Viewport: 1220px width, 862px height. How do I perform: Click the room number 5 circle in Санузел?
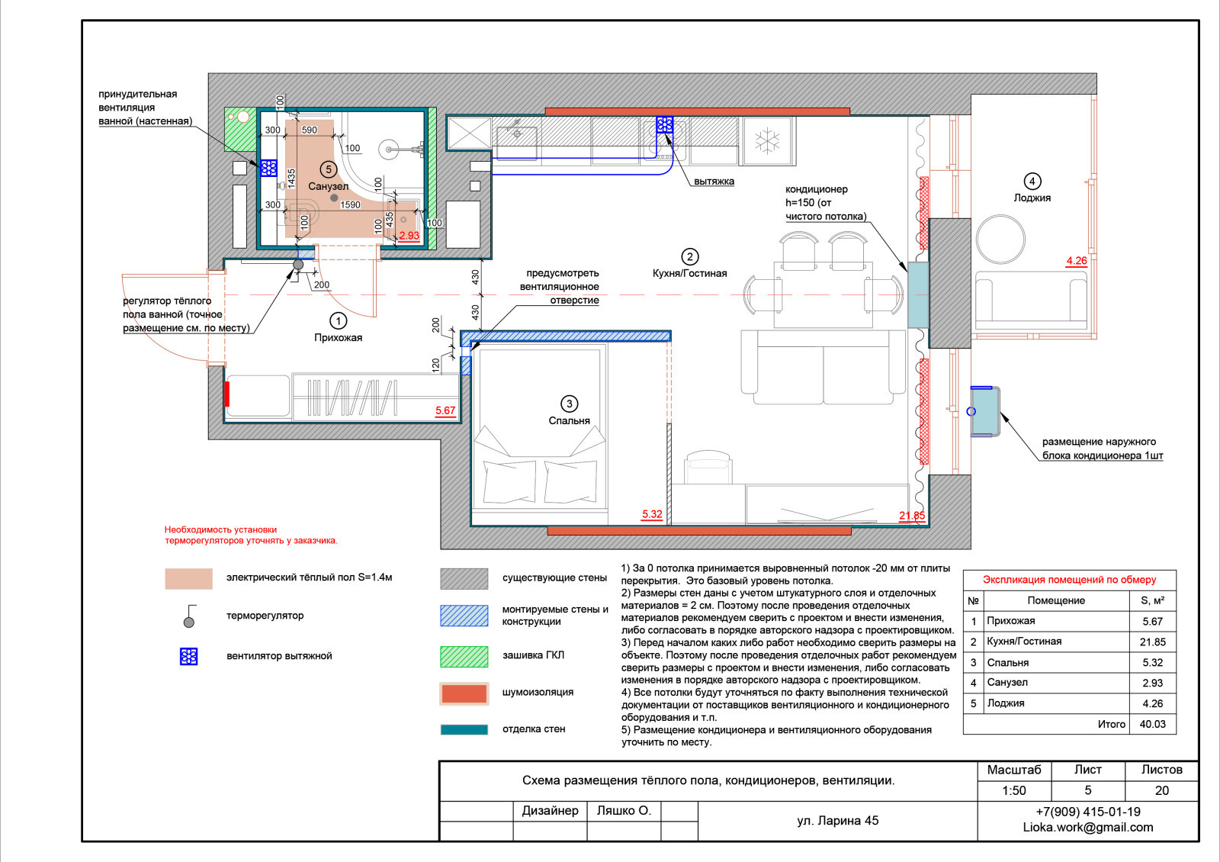[329, 169]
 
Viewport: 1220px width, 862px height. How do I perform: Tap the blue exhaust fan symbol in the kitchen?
[664, 125]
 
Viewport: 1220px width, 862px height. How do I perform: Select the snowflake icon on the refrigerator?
[767, 140]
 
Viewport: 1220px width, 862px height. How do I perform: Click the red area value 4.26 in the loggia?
[1076, 261]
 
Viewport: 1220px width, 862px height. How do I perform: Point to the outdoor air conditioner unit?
[985, 411]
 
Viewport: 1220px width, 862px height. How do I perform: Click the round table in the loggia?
[1000, 240]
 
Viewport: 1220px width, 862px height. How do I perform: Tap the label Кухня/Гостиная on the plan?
[689, 273]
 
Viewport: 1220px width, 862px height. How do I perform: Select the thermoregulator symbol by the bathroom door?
[298, 265]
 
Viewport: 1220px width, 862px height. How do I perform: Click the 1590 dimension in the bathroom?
[350, 205]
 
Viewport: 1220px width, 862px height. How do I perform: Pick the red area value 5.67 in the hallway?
[445, 411]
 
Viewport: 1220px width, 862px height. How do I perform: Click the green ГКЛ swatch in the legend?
[464, 656]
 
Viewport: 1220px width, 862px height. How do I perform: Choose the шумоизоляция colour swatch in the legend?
[464, 693]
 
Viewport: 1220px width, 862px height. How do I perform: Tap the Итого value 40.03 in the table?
[1152, 724]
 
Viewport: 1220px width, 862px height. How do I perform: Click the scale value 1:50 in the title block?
[1014, 790]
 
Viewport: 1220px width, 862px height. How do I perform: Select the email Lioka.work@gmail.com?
[1087, 827]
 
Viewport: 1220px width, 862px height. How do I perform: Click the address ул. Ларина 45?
[838, 821]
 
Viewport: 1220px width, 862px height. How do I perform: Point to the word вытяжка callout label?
[714, 182]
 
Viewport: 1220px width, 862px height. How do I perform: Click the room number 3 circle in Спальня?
[569, 404]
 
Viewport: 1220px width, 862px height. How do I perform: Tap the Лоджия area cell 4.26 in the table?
[1152, 703]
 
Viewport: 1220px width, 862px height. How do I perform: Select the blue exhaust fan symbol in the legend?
[188, 657]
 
